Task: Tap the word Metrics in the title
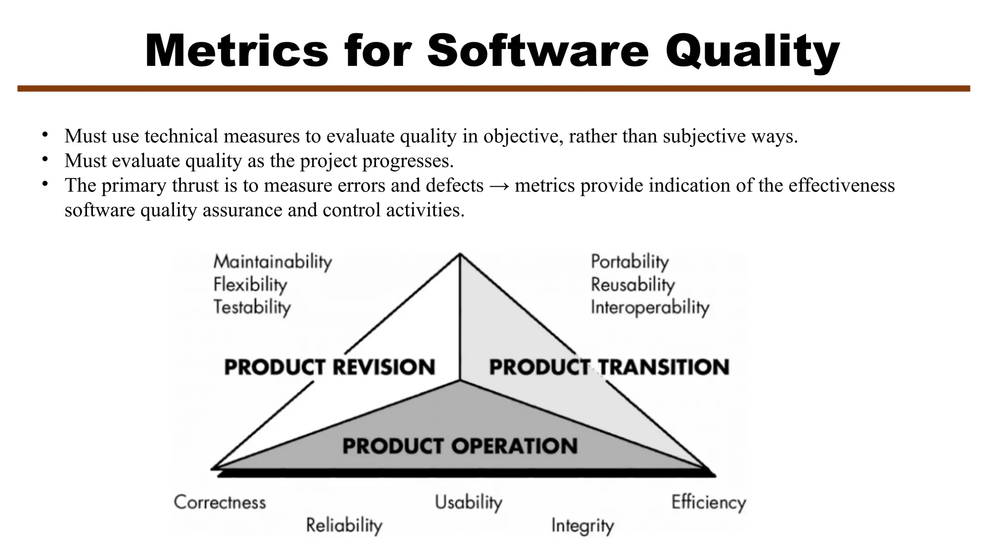(236, 51)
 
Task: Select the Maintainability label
(273, 262)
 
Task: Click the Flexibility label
(250, 285)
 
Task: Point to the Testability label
(252, 307)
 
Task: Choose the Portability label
(630, 262)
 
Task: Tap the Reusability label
(632, 285)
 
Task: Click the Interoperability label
(650, 307)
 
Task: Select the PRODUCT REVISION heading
(330, 367)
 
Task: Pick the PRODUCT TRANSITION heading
(609, 367)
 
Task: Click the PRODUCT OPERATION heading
(460, 446)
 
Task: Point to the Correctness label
(220, 502)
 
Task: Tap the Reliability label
(344, 525)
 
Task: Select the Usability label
(468, 502)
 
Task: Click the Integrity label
(582, 525)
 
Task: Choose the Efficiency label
(708, 503)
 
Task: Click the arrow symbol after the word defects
(499, 186)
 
